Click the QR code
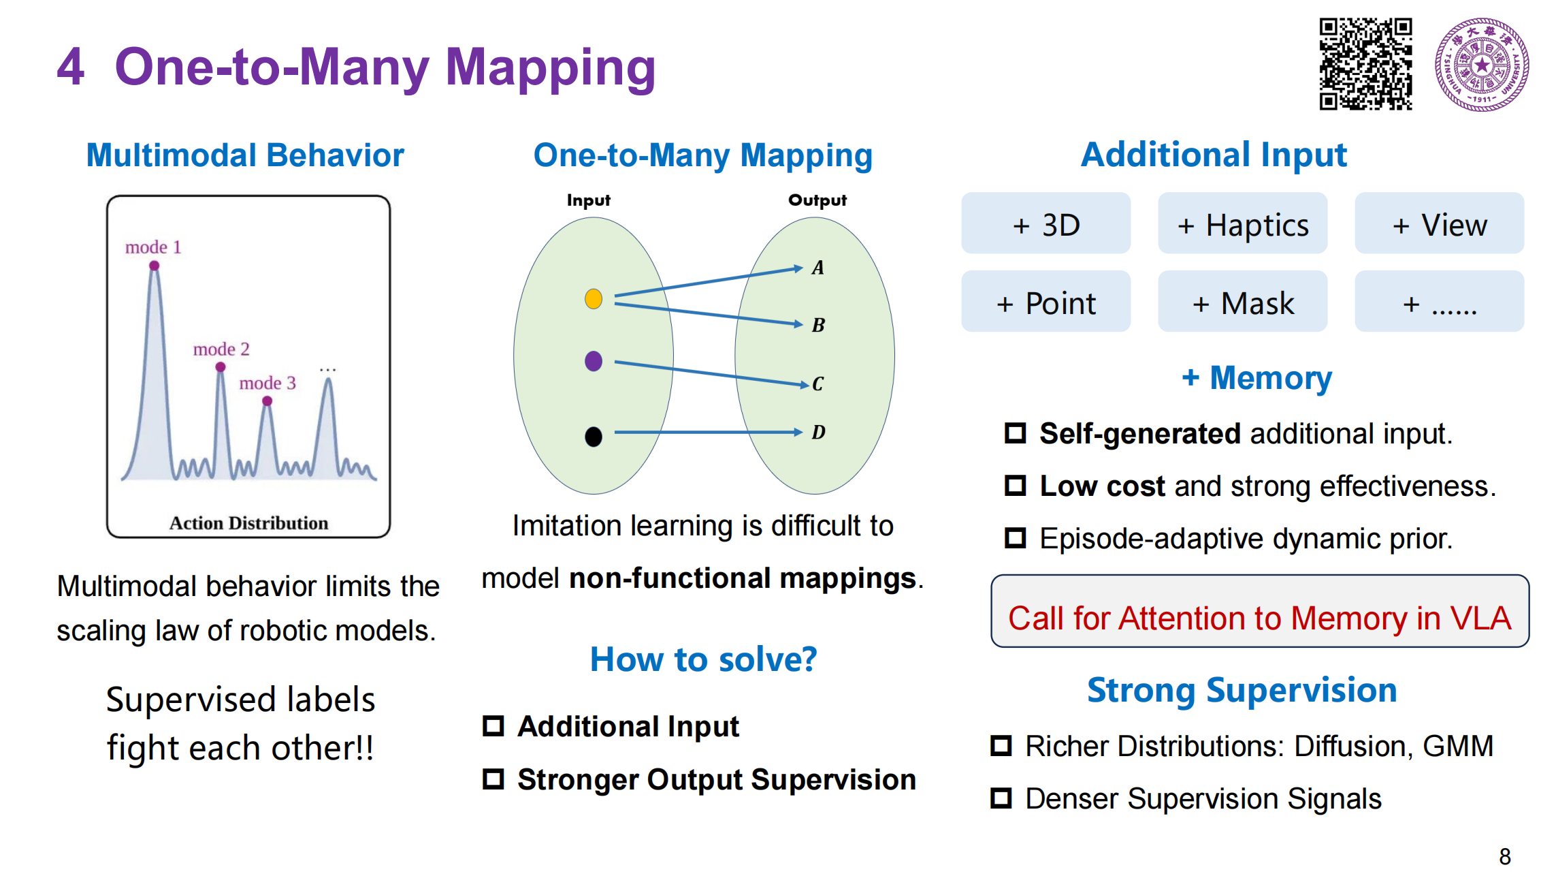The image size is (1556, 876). pos(1365,64)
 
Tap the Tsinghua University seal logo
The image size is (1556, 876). pos(1482,65)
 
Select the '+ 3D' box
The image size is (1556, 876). pos(1046,223)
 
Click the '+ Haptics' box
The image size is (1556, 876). pos(1242,223)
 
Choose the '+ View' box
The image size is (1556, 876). pos(1439,223)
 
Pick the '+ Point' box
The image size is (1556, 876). pos(1046,302)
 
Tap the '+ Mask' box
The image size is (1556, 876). pos(1242,302)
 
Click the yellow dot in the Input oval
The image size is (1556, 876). pos(594,298)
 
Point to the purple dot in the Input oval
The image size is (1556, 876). pos(594,360)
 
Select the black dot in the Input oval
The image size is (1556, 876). pos(594,436)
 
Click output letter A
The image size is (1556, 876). pos(817,268)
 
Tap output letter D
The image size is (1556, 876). pos(818,432)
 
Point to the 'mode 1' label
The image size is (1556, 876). pos(153,247)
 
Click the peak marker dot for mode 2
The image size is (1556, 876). pos(221,367)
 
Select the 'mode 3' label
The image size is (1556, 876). pos(268,383)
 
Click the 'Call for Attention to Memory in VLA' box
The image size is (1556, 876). pos(1259,611)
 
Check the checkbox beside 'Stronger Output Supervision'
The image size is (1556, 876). pos(493,778)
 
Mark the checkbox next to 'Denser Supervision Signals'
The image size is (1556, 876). pos(1001,798)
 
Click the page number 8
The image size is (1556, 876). pos(1505,856)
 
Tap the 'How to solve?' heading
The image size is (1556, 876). pos(703,659)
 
